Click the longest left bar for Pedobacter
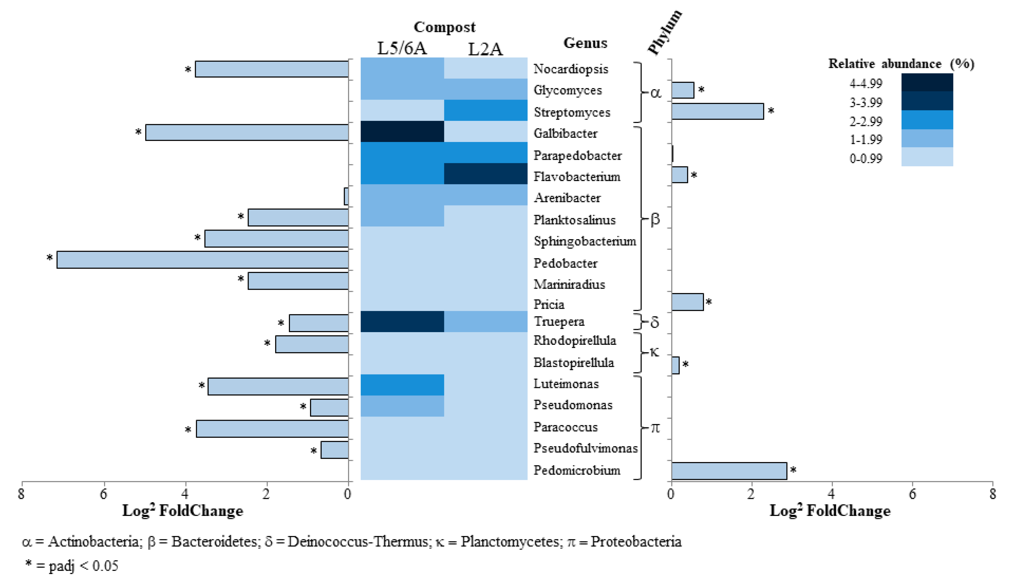[202, 259]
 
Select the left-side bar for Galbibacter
[247, 132]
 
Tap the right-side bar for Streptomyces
[717, 111]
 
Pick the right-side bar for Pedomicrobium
[729, 471]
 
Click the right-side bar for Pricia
[687, 302]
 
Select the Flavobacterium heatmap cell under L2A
[486, 174]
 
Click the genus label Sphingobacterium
[585, 241]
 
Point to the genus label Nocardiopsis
[571, 69]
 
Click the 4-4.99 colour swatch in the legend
[927, 82]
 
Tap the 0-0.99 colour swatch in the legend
[927, 157]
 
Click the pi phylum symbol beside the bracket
[655, 428]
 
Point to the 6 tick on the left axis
[103, 494]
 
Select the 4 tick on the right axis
[832, 494]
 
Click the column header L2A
[485, 49]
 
